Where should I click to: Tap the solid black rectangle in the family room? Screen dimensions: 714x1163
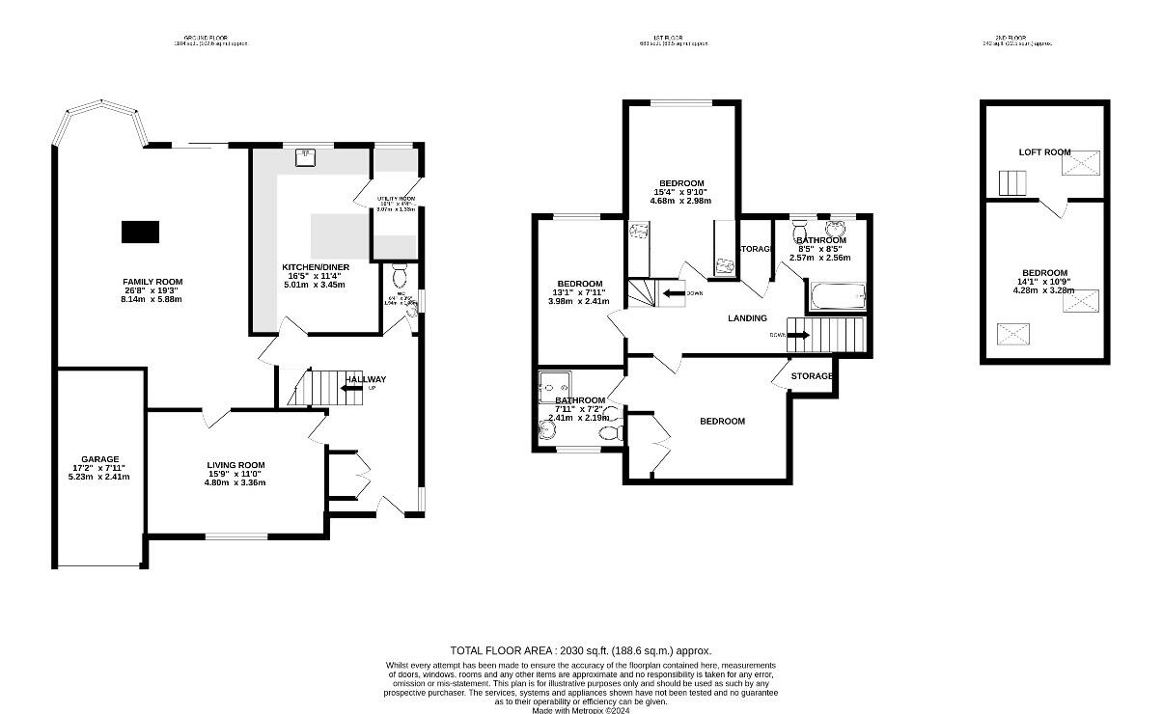coord(140,232)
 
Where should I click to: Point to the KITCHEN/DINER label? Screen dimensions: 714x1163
coord(316,266)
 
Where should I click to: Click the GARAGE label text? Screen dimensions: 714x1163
coord(100,459)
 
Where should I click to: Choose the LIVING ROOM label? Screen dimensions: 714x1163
coord(235,464)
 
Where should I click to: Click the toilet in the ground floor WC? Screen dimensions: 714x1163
coord(401,273)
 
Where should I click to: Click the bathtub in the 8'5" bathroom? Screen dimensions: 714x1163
coord(836,297)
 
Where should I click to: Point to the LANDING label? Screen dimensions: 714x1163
coord(747,318)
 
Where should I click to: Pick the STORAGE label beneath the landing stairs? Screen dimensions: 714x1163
coord(812,375)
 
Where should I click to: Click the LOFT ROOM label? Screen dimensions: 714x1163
coord(1044,151)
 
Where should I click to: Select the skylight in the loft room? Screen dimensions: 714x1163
coord(1081,163)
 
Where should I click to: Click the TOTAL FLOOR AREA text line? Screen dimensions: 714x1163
coord(580,651)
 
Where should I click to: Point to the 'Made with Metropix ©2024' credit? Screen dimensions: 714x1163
coord(580,710)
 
